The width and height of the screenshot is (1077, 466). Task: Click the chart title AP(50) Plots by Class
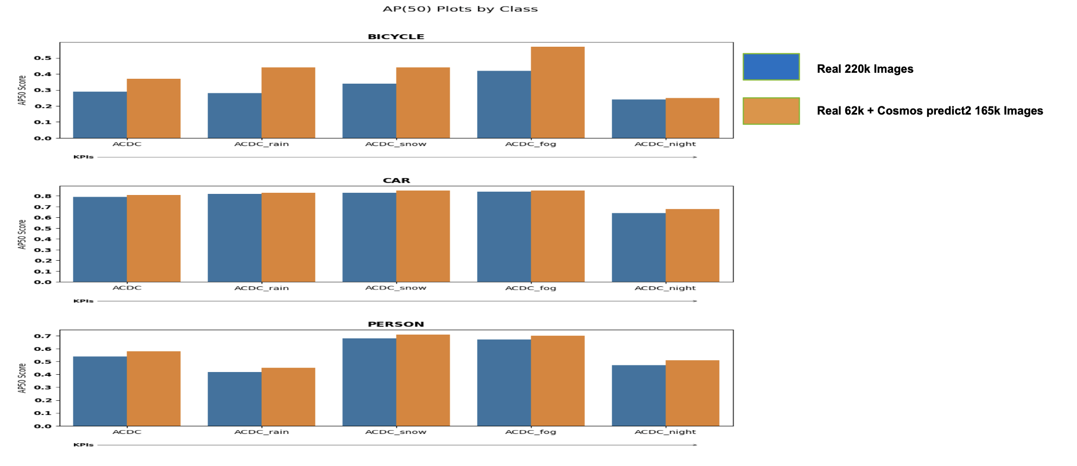(x=460, y=9)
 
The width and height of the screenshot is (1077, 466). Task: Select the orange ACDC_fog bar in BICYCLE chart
(x=557, y=92)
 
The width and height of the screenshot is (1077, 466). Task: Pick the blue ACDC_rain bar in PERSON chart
(x=235, y=399)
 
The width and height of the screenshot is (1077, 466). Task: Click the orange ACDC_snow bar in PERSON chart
(x=423, y=380)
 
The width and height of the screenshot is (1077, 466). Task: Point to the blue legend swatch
(x=771, y=67)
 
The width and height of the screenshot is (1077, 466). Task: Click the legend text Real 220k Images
(x=865, y=69)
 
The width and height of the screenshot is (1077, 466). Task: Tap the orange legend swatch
(x=771, y=111)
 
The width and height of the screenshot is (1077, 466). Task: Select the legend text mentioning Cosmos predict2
(x=929, y=111)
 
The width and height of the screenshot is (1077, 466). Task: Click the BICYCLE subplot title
(x=396, y=36)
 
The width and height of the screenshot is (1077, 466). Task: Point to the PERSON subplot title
(x=396, y=324)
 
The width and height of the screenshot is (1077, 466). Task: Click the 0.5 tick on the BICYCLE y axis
(x=43, y=58)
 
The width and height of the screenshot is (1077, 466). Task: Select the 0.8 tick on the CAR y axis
(x=43, y=196)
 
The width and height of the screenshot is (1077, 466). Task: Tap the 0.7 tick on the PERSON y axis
(x=43, y=336)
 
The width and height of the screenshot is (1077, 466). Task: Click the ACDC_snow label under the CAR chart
(x=396, y=288)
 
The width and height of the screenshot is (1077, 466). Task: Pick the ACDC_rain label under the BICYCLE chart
(x=261, y=144)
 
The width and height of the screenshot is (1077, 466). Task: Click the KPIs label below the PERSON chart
(x=84, y=445)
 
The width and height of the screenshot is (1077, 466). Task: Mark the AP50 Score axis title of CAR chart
(x=22, y=234)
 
